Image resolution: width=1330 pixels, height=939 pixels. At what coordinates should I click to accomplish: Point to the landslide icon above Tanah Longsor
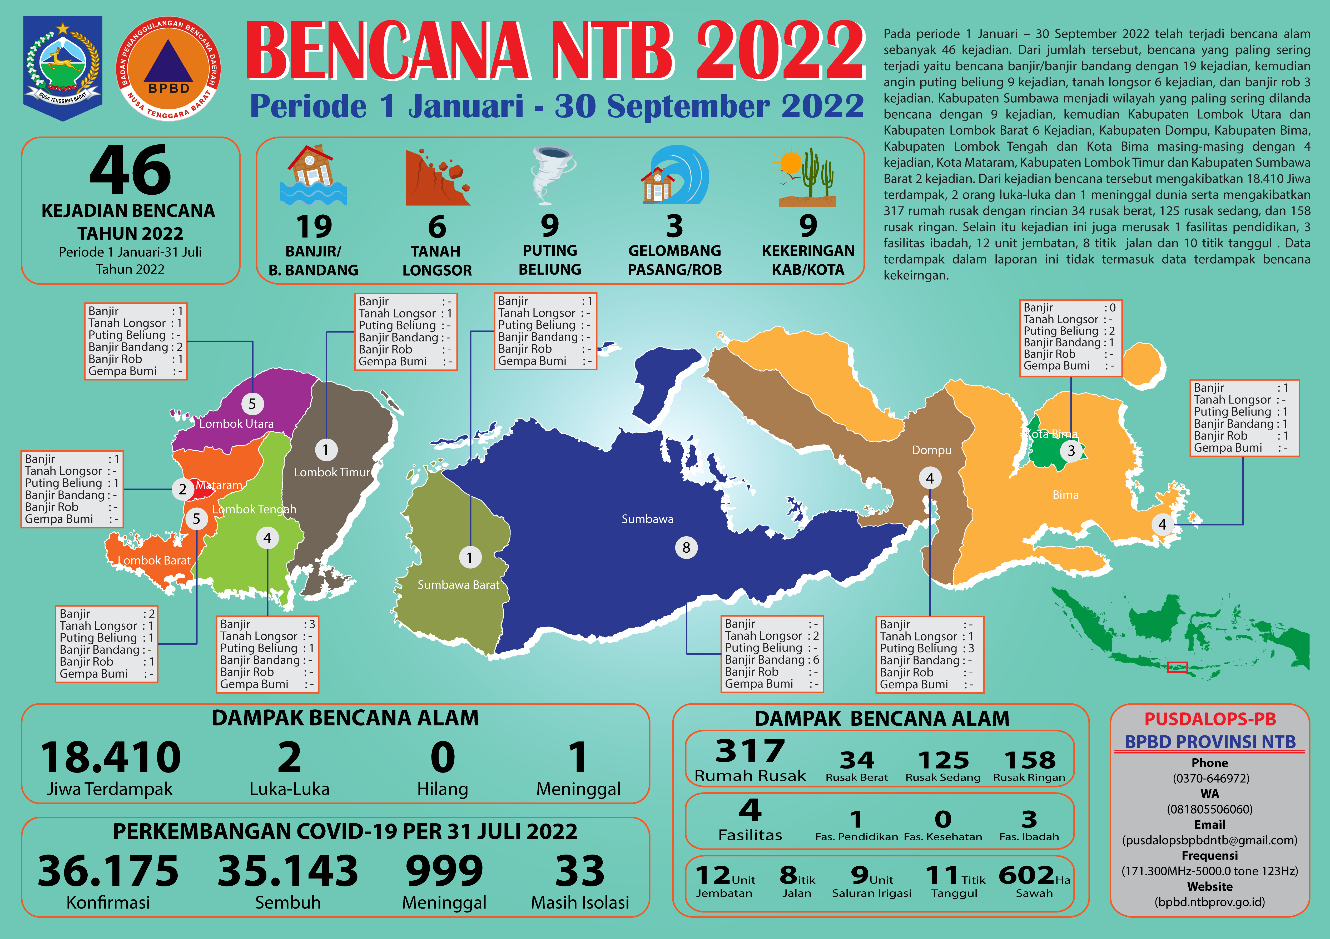[437, 177]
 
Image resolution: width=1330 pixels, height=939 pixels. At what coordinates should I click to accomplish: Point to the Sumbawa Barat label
[458, 585]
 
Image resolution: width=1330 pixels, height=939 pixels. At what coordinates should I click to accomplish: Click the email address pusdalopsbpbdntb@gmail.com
[1209, 840]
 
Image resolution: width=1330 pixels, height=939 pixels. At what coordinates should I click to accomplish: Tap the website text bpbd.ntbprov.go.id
[1209, 902]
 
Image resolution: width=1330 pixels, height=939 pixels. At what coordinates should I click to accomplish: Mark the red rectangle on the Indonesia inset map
[1177, 667]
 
